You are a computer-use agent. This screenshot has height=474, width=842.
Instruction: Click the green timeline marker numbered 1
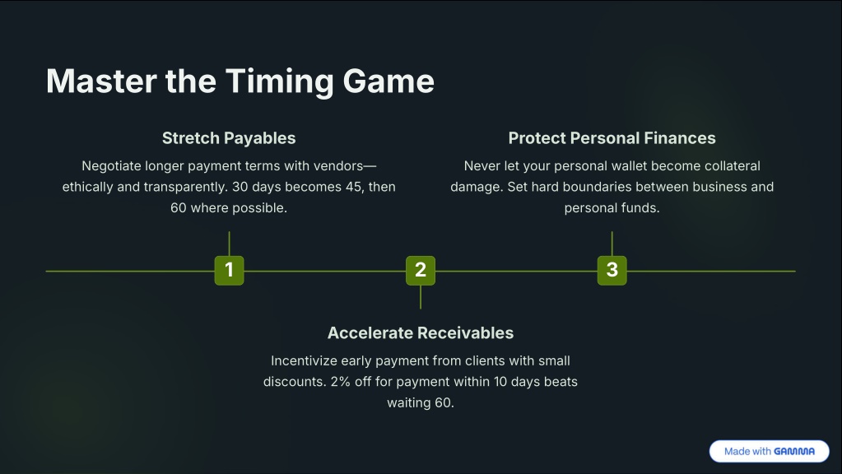(x=230, y=270)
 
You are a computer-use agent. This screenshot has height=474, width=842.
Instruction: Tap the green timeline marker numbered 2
(x=421, y=270)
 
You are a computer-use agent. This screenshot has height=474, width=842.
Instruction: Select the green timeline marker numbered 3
(x=612, y=270)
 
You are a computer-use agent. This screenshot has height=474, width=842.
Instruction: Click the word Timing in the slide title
(x=279, y=82)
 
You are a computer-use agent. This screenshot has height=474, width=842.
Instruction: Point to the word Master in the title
(x=101, y=81)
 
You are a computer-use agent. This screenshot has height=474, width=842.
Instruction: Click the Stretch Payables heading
(x=229, y=138)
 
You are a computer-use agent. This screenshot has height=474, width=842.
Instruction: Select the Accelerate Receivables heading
(x=421, y=332)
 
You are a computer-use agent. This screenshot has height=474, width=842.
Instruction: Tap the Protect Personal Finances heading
(x=612, y=138)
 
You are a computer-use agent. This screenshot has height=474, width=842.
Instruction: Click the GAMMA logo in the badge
(x=794, y=452)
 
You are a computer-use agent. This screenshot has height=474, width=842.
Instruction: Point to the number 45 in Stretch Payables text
(x=355, y=187)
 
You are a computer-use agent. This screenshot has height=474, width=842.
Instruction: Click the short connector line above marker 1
(x=230, y=244)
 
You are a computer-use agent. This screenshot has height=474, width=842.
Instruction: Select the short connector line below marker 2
(x=421, y=297)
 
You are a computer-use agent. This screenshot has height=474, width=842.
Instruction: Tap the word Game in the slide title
(x=388, y=81)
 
